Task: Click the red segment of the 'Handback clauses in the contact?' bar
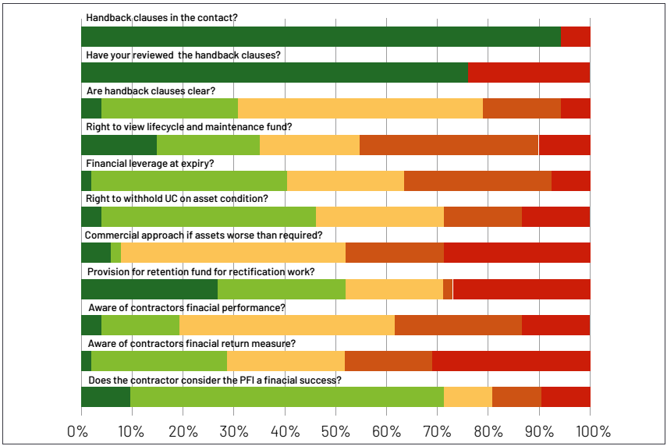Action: click(x=575, y=37)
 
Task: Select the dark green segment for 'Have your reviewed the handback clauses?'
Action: click(x=274, y=73)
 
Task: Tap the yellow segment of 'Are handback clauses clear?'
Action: click(x=360, y=108)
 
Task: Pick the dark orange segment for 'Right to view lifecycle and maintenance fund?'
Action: click(x=449, y=145)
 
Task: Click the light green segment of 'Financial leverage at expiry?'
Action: click(x=189, y=181)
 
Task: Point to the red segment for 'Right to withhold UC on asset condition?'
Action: click(x=555, y=217)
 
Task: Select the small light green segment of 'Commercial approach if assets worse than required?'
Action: click(x=115, y=253)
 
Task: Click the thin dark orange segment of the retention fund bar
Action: click(x=448, y=289)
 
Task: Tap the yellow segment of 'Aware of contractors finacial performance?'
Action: click(x=286, y=325)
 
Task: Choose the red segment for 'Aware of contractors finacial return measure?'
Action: click(x=511, y=361)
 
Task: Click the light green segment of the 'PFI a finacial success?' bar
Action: click(x=286, y=397)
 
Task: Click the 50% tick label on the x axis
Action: click(x=335, y=431)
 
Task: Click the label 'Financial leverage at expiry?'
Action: click(x=149, y=163)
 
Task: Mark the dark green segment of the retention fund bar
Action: click(x=149, y=289)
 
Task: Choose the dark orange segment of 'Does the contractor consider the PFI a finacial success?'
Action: click(x=516, y=397)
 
